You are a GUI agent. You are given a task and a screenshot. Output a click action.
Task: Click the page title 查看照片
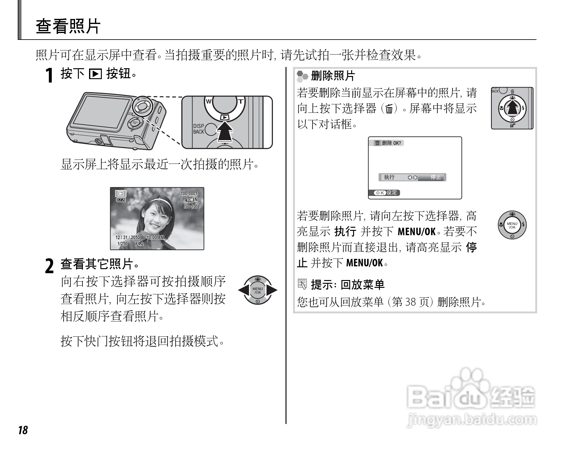68,26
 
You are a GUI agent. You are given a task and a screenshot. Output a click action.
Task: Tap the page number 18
23,430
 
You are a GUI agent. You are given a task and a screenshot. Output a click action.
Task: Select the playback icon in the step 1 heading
95,74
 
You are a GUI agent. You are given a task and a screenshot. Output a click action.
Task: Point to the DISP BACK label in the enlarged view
198,129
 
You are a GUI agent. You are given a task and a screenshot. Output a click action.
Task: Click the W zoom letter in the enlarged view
208,101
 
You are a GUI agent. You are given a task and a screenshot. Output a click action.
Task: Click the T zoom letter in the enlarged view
241,101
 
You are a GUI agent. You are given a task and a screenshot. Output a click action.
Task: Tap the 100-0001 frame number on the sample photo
189,194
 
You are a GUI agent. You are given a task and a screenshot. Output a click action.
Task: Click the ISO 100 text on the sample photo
190,207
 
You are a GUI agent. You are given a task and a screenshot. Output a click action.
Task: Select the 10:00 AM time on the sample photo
155,237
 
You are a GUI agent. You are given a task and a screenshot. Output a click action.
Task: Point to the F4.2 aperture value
139,244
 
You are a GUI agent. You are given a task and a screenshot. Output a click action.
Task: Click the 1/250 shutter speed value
122,244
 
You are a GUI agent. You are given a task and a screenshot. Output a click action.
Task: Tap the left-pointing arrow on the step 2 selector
243,290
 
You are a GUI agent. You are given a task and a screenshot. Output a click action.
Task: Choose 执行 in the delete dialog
389,177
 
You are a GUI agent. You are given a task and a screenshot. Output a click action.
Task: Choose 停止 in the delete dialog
436,177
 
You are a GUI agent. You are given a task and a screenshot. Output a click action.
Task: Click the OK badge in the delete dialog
380,193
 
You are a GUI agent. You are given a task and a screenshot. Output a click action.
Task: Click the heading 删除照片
333,76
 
